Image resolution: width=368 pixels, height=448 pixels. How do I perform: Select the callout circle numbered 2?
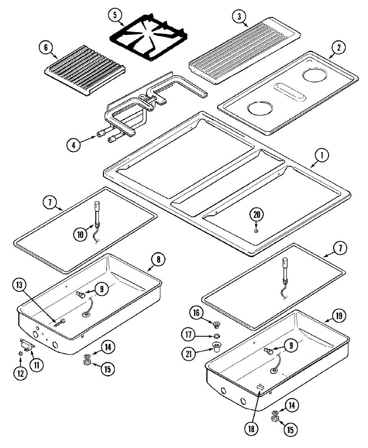click(339, 47)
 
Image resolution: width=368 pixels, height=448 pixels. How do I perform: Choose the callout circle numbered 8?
click(158, 259)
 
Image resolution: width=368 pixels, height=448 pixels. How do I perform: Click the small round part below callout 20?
click(256, 231)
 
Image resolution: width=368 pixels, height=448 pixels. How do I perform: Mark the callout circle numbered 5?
click(115, 15)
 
